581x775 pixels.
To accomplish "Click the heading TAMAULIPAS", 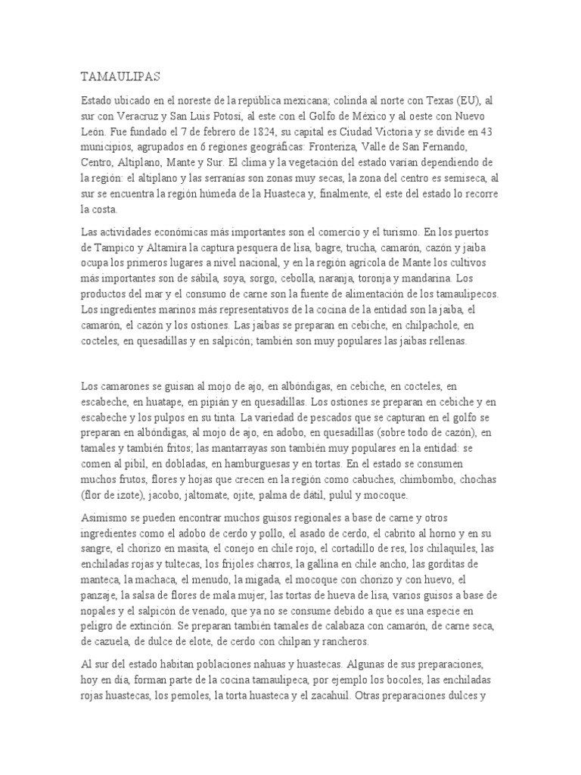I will pos(120,76).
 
